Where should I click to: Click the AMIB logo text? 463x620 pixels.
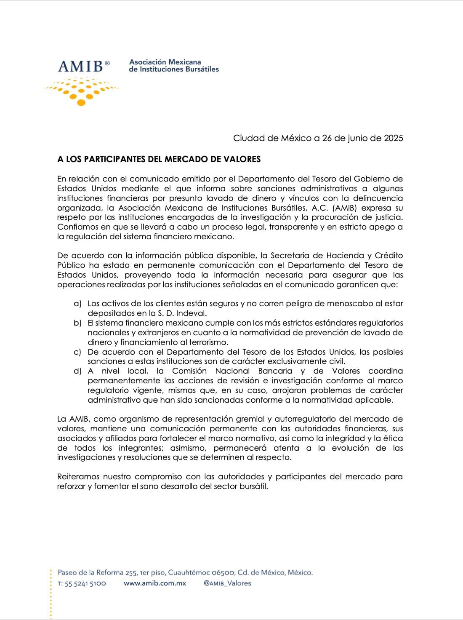tap(81, 67)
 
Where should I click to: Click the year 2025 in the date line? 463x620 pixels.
tap(393, 138)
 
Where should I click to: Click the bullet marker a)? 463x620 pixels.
tap(77, 304)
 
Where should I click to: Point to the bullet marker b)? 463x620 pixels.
tap(77, 323)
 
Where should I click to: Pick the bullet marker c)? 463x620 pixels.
tap(77, 352)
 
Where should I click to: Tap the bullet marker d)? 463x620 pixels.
tap(77, 371)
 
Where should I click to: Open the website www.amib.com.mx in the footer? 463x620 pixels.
tap(155, 583)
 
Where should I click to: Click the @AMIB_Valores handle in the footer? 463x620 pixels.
tap(227, 583)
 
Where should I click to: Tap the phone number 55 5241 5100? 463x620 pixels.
tap(85, 584)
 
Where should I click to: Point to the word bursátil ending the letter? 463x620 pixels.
tap(253, 486)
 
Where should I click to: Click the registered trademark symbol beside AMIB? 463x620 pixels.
tap(107, 63)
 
